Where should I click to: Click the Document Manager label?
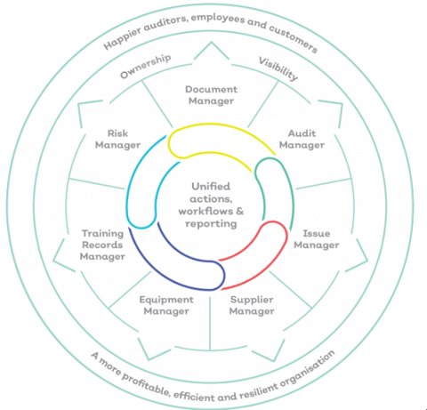[x=211, y=95]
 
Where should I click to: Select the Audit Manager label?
[x=302, y=139]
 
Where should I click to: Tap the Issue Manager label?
[x=317, y=239]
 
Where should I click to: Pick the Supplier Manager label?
[x=252, y=305]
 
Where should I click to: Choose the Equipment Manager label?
[x=166, y=305]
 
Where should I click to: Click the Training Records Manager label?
[x=102, y=245]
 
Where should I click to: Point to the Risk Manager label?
[x=117, y=139]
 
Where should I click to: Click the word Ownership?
[x=145, y=67]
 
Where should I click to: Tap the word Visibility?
[x=278, y=69]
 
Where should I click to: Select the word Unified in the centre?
[x=211, y=187]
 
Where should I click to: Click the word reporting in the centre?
[x=211, y=224]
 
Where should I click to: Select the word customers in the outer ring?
[x=294, y=38]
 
